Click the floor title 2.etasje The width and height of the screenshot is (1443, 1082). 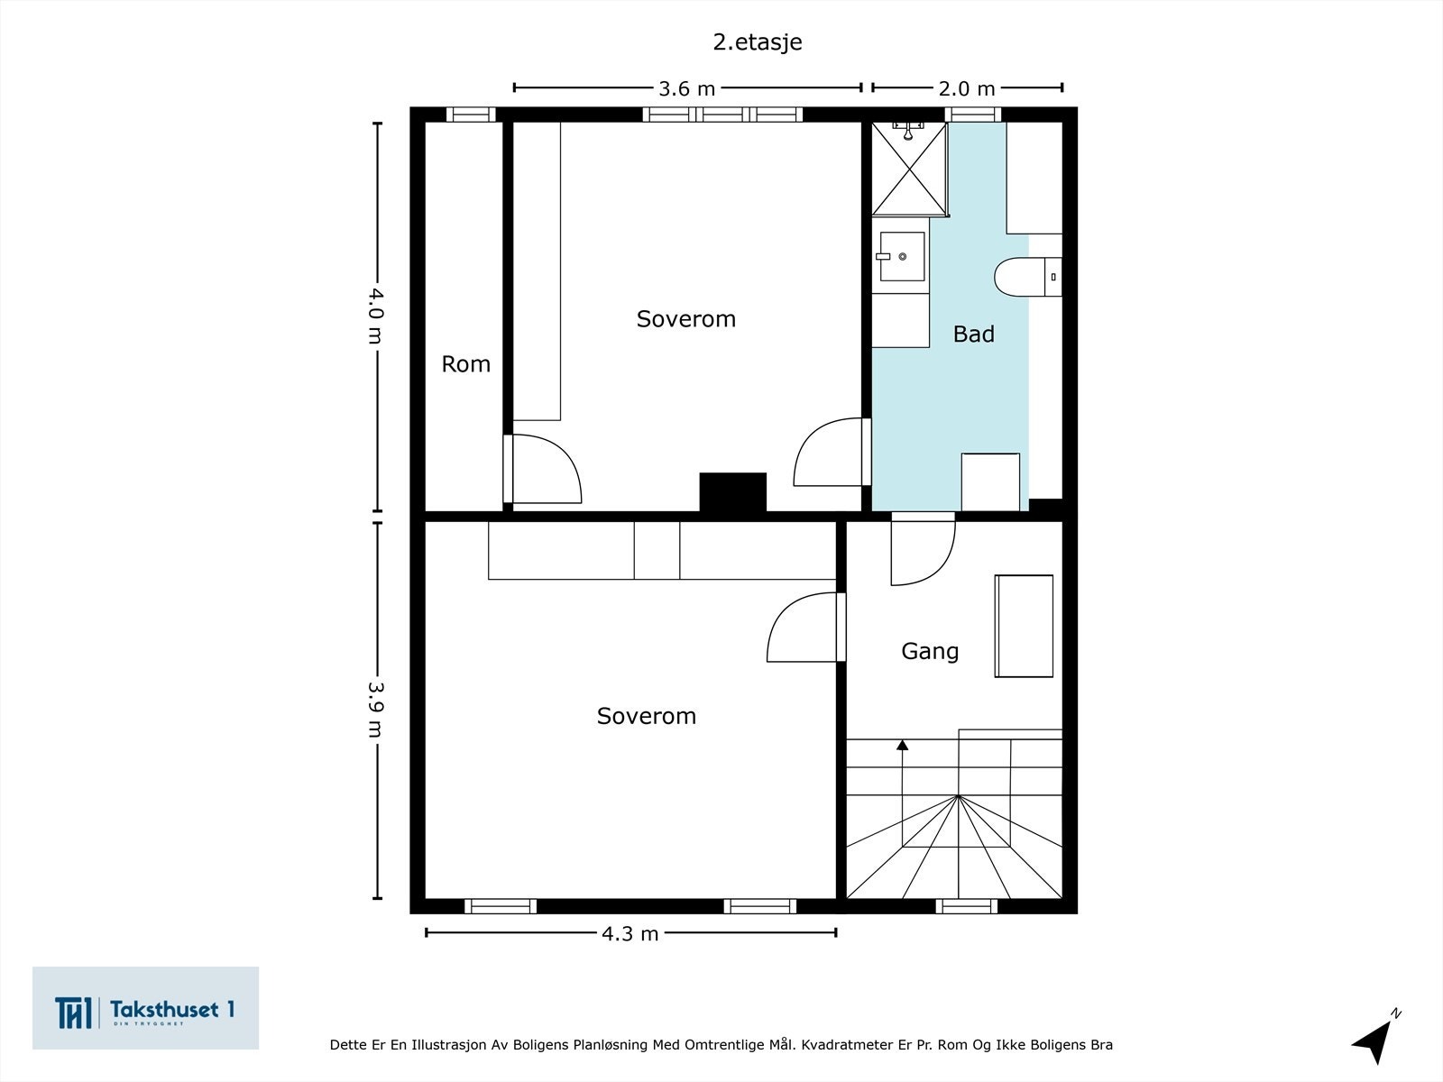(x=758, y=42)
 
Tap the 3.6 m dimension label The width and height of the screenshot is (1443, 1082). (x=687, y=88)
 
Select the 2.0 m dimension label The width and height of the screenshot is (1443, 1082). (x=967, y=88)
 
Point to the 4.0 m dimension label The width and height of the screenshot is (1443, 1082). (x=375, y=316)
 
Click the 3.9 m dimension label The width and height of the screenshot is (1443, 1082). (x=375, y=709)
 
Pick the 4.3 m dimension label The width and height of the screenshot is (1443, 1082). (x=630, y=933)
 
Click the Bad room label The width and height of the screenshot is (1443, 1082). (x=974, y=335)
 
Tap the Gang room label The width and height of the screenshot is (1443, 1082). (x=930, y=652)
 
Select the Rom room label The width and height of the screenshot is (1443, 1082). (x=465, y=364)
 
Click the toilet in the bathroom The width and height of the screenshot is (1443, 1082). (x=1027, y=277)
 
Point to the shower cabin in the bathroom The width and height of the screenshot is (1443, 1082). (x=910, y=169)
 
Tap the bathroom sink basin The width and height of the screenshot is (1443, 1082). (x=901, y=256)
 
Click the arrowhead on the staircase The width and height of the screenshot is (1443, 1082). (x=903, y=745)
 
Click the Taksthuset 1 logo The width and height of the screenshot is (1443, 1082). (x=145, y=1008)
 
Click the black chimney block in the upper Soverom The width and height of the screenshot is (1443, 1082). (x=732, y=492)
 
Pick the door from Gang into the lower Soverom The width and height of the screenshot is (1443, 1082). (x=806, y=628)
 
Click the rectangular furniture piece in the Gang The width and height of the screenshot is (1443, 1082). (x=1024, y=626)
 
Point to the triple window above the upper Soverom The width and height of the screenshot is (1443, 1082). (x=722, y=115)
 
